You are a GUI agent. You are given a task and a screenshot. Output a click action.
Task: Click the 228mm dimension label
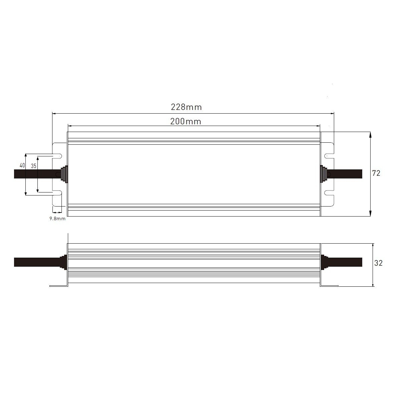tap(186, 107)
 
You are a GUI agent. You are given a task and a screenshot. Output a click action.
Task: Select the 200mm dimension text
tap(185, 122)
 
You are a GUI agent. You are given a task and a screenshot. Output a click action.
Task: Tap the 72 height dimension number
tap(376, 173)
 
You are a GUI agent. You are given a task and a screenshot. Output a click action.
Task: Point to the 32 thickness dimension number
tap(378, 263)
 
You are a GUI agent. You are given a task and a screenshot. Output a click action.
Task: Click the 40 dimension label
tap(22, 165)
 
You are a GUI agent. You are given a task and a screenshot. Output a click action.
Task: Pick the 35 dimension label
tap(33, 166)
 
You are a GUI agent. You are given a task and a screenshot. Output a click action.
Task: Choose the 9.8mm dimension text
tap(57, 219)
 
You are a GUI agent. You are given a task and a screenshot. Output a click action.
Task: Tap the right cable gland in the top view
tap(323, 174)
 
